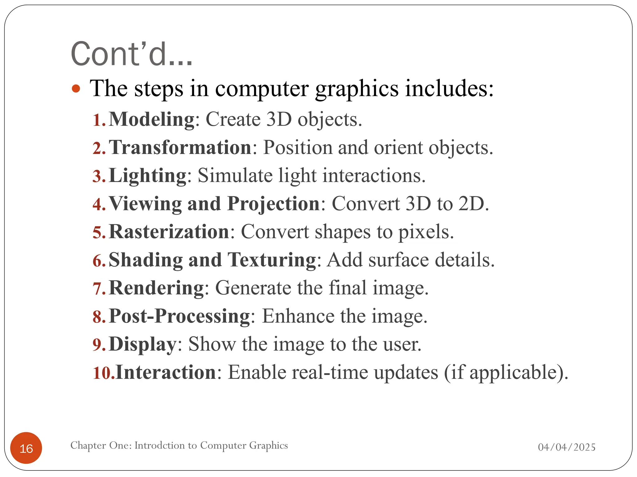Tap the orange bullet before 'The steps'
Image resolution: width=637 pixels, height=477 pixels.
pyautogui.click(x=76, y=89)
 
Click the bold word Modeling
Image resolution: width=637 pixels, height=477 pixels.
pyautogui.click(x=152, y=119)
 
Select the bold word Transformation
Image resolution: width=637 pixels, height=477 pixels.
pyautogui.click(x=180, y=148)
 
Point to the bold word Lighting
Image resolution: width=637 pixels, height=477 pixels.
pyautogui.click(x=148, y=176)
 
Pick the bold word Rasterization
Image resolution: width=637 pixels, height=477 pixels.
pyautogui.click(x=169, y=232)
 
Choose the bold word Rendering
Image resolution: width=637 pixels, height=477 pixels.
pyautogui.click(x=156, y=288)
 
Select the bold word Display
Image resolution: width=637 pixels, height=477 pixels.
pyautogui.click(x=143, y=344)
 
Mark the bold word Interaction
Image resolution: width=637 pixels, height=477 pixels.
pyautogui.click(x=166, y=372)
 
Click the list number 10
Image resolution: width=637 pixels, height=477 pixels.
pyautogui.click(x=104, y=373)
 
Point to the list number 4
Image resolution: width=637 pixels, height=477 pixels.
pyautogui.click(x=99, y=204)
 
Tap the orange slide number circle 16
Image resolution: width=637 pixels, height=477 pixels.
pyautogui.click(x=26, y=448)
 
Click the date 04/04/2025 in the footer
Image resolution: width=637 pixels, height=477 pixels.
pyautogui.click(x=567, y=447)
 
